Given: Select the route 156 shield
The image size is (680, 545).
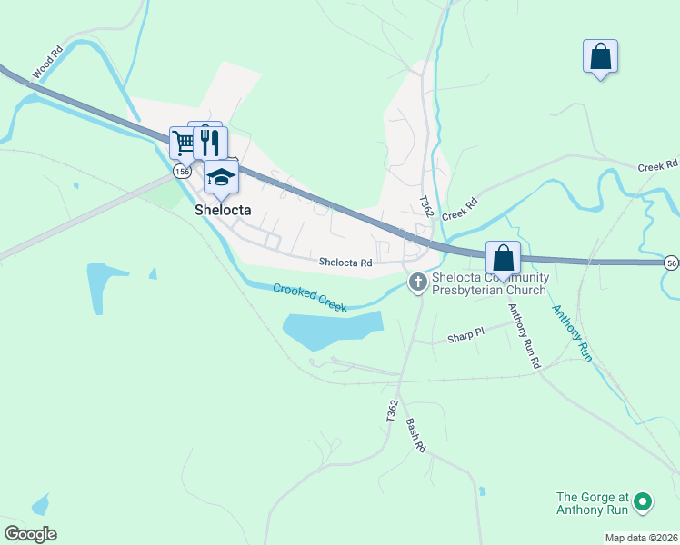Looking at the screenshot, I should pyautogui.click(x=183, y=171).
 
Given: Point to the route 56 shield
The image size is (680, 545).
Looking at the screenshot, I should pyautogui.click(x=671, y=262).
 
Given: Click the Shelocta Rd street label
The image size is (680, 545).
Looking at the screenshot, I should pyautogui.click(x=345, y=263).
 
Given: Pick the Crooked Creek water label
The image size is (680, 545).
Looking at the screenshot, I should pyautogui.click(x=310, y=298).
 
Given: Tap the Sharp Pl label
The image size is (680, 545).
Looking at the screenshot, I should pyautogui.click(x=466, y=336).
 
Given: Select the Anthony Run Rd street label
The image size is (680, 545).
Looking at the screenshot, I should pyautogui.click(x=525, y=335).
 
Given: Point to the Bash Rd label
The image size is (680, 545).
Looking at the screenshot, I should pyautogui.click(x=415, y=436).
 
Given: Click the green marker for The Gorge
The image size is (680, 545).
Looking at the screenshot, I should pyautogui.click(x=643, y=501).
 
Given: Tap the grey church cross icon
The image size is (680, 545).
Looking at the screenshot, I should pyautogui.click(x=418, y=282).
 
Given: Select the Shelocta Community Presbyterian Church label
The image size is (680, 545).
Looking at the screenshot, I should pyautogui.click(x=489, y=283).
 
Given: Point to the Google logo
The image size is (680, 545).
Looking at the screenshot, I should pyautogui.click(x=30, y=534).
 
